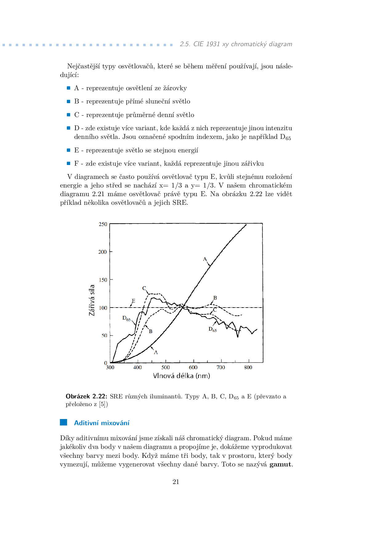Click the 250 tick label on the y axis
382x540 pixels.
point(103,224)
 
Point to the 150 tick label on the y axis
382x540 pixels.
point(103,280)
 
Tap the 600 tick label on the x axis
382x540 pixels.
point(193,367)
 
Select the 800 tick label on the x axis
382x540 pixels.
point(248,367)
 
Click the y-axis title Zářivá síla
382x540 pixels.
point(91,300)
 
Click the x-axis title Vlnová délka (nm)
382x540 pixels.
point(181,376)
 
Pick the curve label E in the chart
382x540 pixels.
point(133,301)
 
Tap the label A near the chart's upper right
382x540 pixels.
point(205,259)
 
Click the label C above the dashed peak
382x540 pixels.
point(144,288)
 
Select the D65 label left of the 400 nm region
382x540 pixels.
point(126,318)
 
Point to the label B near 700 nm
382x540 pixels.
point(215,298)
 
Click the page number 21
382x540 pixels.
point(176,482)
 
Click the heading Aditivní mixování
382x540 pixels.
point(102,423)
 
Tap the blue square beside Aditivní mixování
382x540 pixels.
point(63,422)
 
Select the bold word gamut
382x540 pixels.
point(280,464)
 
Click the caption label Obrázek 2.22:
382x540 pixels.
point(86,396)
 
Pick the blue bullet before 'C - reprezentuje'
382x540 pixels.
point(69,115)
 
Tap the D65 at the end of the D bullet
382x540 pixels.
point(285,137)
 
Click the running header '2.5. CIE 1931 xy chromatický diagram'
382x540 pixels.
point(236,44)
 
